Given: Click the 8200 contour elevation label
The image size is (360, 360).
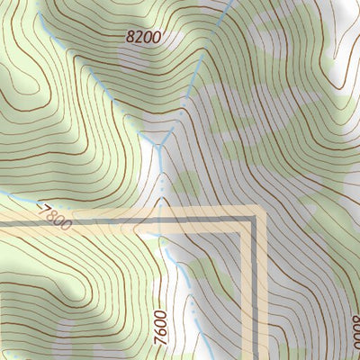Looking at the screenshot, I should tap(144, 37).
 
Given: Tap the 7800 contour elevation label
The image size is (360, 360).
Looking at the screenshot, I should tap(55, 217).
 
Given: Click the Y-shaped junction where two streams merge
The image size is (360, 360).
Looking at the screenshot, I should tap(160, 147).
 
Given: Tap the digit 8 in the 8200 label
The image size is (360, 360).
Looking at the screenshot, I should tap(130, 36).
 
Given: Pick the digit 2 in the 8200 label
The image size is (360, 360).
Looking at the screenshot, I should tap(139, 37).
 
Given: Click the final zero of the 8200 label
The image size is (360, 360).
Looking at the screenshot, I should tap(157, 39).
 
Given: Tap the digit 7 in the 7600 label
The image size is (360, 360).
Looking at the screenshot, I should tap(160, 335).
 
